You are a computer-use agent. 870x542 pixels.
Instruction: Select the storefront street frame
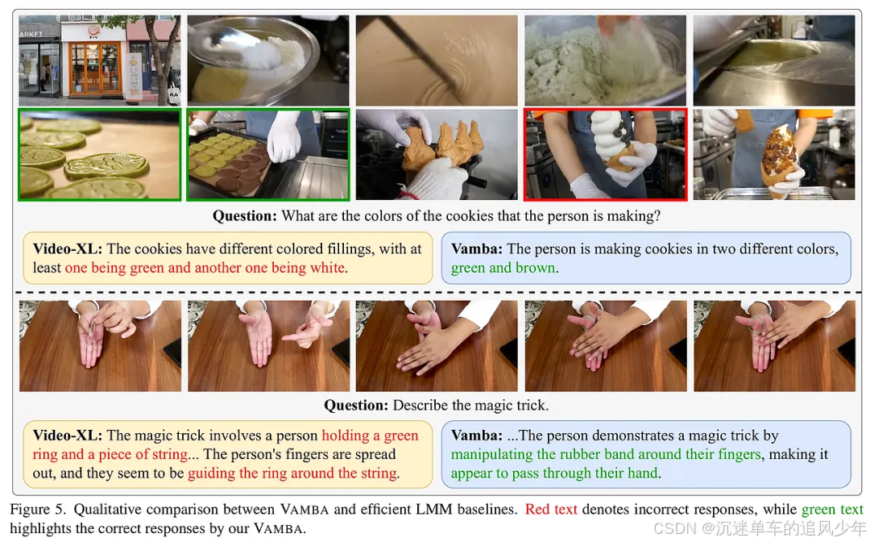pos(100,60)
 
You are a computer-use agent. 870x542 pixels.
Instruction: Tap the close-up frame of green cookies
pos(100,154)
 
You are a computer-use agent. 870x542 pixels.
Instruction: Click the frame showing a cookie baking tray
pos(268,154)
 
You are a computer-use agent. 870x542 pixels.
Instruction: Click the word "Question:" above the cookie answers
pos(245,215)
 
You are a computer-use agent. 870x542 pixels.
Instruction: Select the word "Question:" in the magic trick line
pos(356,405)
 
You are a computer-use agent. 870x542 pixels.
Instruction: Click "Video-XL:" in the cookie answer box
pos(68,248)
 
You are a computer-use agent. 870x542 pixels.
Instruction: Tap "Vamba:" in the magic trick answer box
pos(477,436)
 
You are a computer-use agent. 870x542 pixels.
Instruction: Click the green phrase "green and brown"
pos(503,268)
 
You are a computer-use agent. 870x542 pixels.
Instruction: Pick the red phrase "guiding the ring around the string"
pos(292,473)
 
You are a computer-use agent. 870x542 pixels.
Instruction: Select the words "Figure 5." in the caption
pos(38,509)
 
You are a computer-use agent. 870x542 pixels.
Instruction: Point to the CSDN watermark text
pos(760,527)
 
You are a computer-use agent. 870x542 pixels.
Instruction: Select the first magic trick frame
pos(100,346)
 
